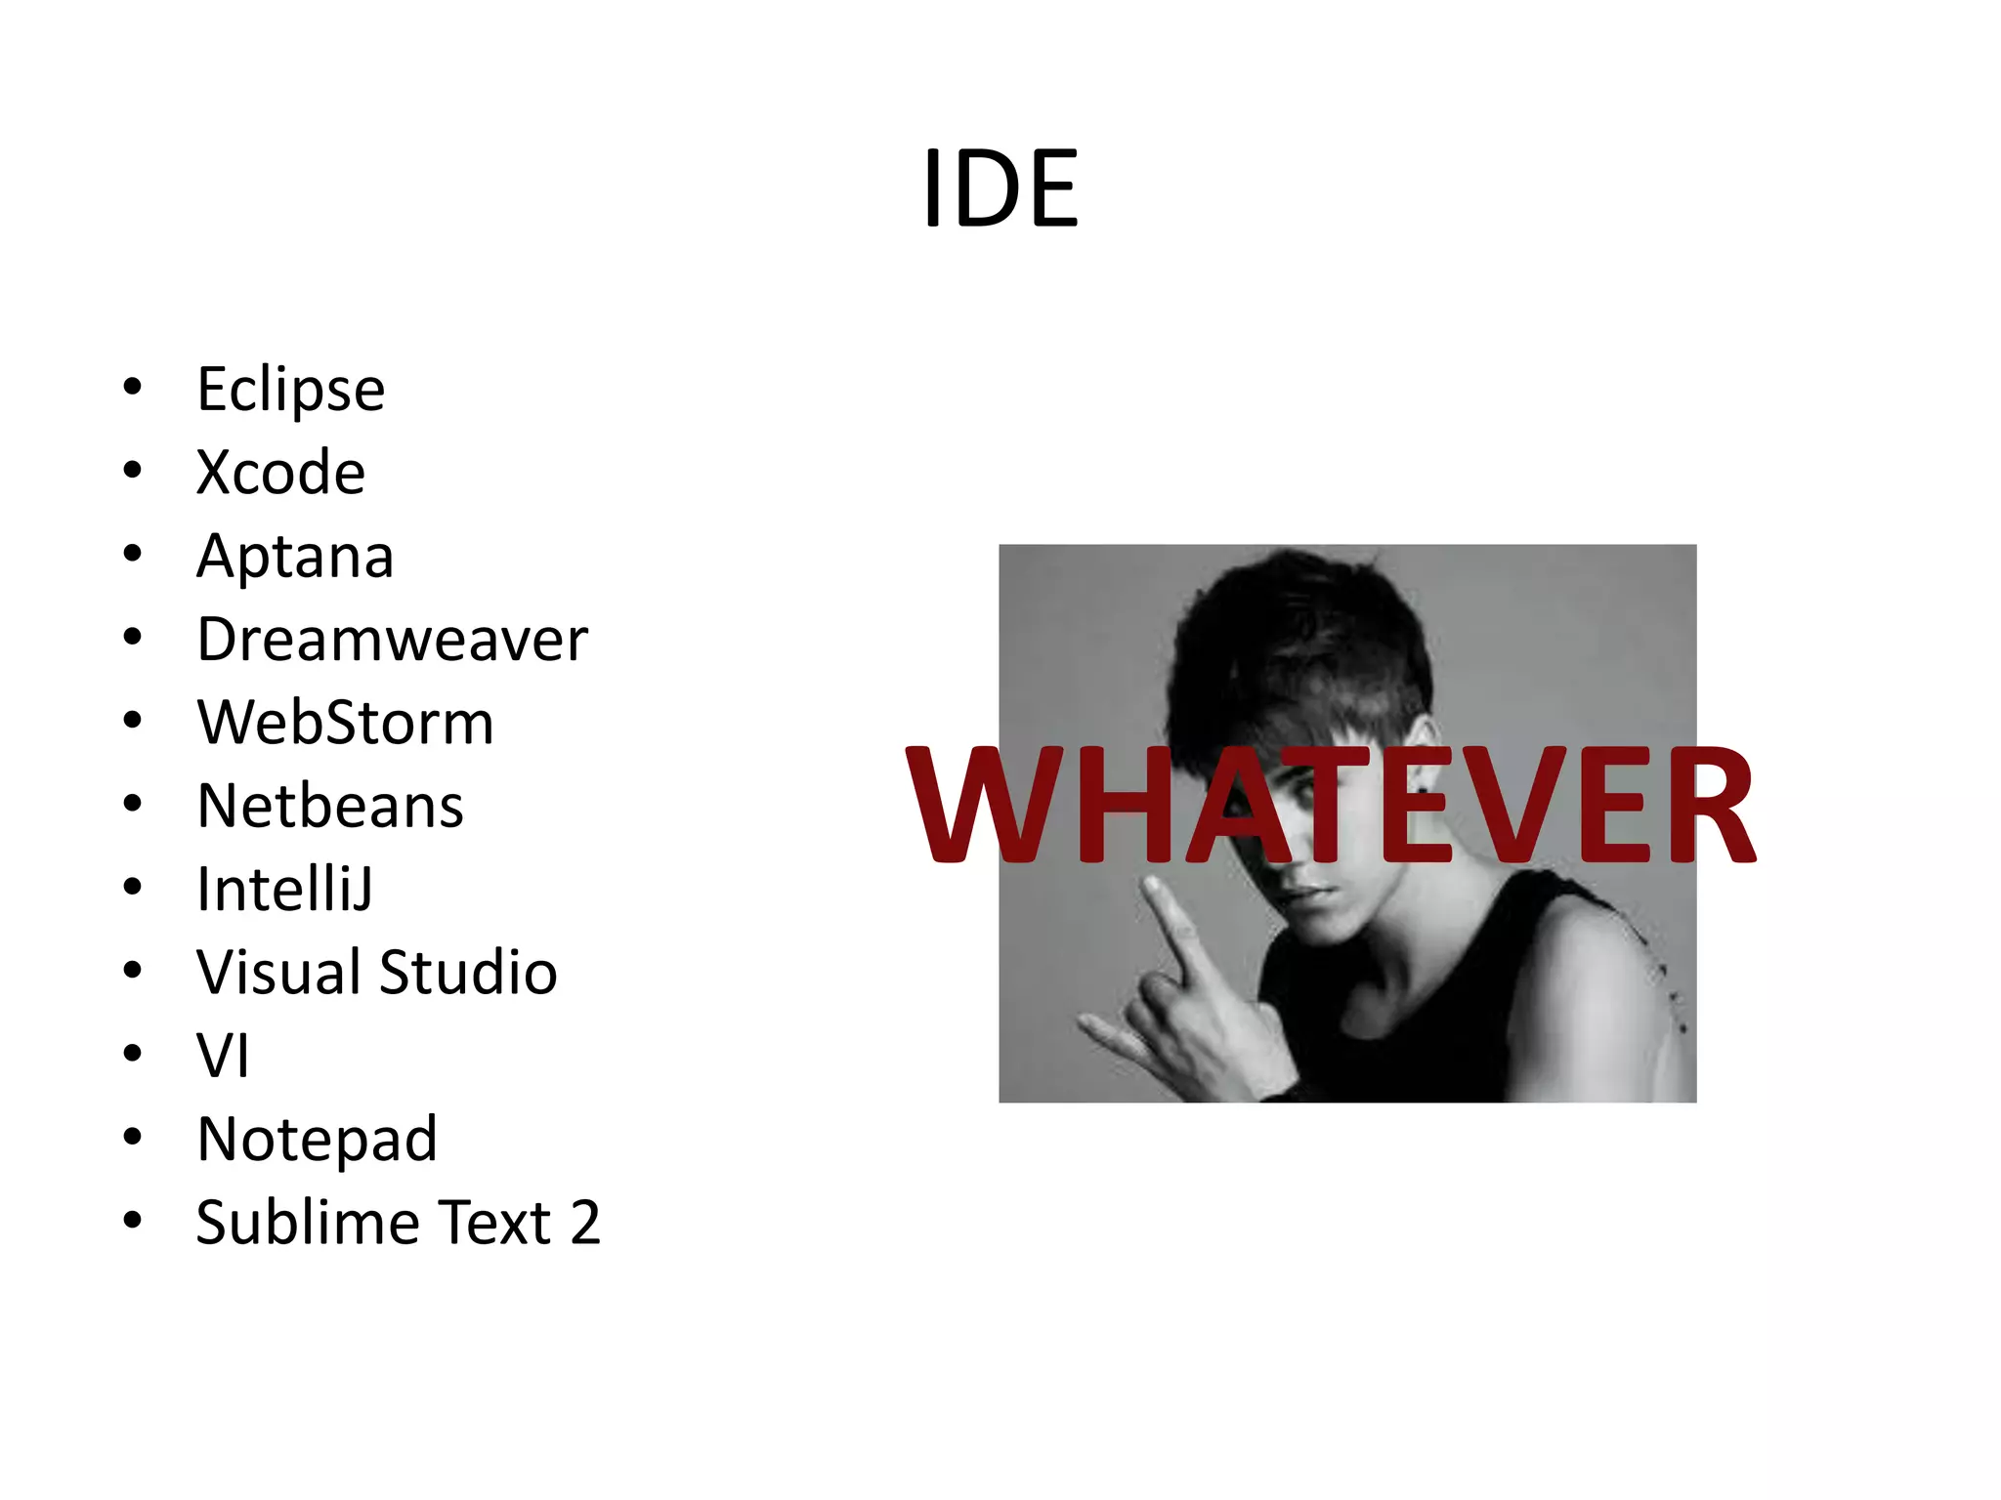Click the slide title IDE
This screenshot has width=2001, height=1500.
[x=1000, y=187]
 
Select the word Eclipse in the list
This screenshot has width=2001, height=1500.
[x=290, y=390]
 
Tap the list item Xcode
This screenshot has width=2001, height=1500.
[x=280, y=473]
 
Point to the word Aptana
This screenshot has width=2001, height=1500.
[x=295, y=557]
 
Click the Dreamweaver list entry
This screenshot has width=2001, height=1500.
[x=392, y=640]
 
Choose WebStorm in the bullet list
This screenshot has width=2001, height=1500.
[x=345, y=723]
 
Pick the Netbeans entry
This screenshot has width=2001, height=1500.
[x=330, y=806]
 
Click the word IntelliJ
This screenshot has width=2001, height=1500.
[x=284, y=890]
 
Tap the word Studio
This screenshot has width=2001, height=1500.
[x=468, y=973]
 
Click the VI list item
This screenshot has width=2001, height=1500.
[x=223, y=1056]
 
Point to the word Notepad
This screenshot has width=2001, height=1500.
[x=317, y=1140]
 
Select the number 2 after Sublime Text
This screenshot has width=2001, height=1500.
[x=584, y=1223]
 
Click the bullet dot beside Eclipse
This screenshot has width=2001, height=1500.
[x=133, y=388]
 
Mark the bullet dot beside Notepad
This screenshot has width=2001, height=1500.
[x=133, y=1138]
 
